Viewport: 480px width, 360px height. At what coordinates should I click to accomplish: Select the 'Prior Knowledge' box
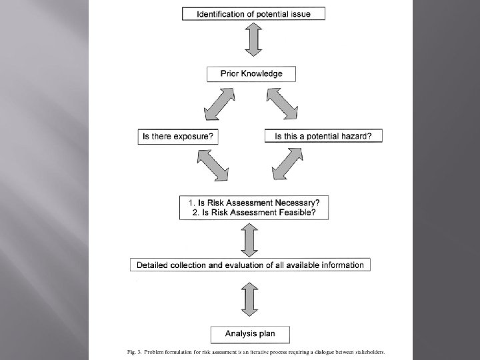pyautogui.click(x=251, y=73)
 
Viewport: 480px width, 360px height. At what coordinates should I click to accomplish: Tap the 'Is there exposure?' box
pyautogui.click(x=178, y=136)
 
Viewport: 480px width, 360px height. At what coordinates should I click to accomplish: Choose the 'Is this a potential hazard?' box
pyautogui.click(x=323, y=136)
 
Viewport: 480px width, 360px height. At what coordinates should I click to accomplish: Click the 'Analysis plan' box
pyautogui.click(x=251, y=333)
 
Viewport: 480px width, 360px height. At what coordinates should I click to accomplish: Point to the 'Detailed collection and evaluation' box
pyautogui.click(x=251, y=265)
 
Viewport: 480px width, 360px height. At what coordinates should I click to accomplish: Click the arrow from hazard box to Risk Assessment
pyautogui.click(x=289, y=166)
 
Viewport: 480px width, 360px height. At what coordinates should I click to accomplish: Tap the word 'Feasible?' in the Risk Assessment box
pyautogui.click(x=295, y=213)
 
